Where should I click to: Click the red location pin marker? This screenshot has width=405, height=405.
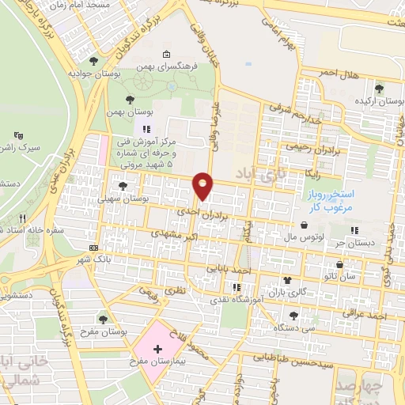[x=203, y=185]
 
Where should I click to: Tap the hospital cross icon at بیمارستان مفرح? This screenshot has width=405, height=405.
[x=157, y=349]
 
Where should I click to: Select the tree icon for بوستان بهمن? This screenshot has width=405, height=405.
[x=131, y=99]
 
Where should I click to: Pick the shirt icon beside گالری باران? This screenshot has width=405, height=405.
[x=288, y=280]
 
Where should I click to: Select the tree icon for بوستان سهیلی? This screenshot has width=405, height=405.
[x=123, y=186]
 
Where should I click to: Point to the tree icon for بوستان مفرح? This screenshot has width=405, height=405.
[x=102, y=319]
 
